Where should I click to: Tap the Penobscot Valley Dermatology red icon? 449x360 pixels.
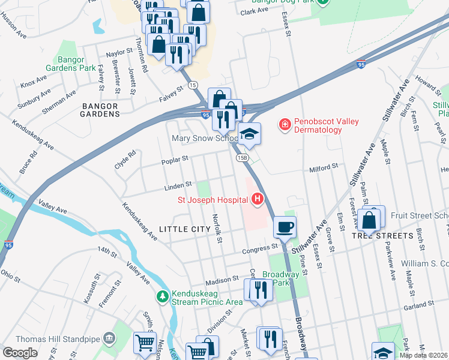285,125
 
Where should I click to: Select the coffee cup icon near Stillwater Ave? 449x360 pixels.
285,227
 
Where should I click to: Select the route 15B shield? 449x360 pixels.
242,158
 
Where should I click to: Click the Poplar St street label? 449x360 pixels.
175,160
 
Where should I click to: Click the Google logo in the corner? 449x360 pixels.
20,353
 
